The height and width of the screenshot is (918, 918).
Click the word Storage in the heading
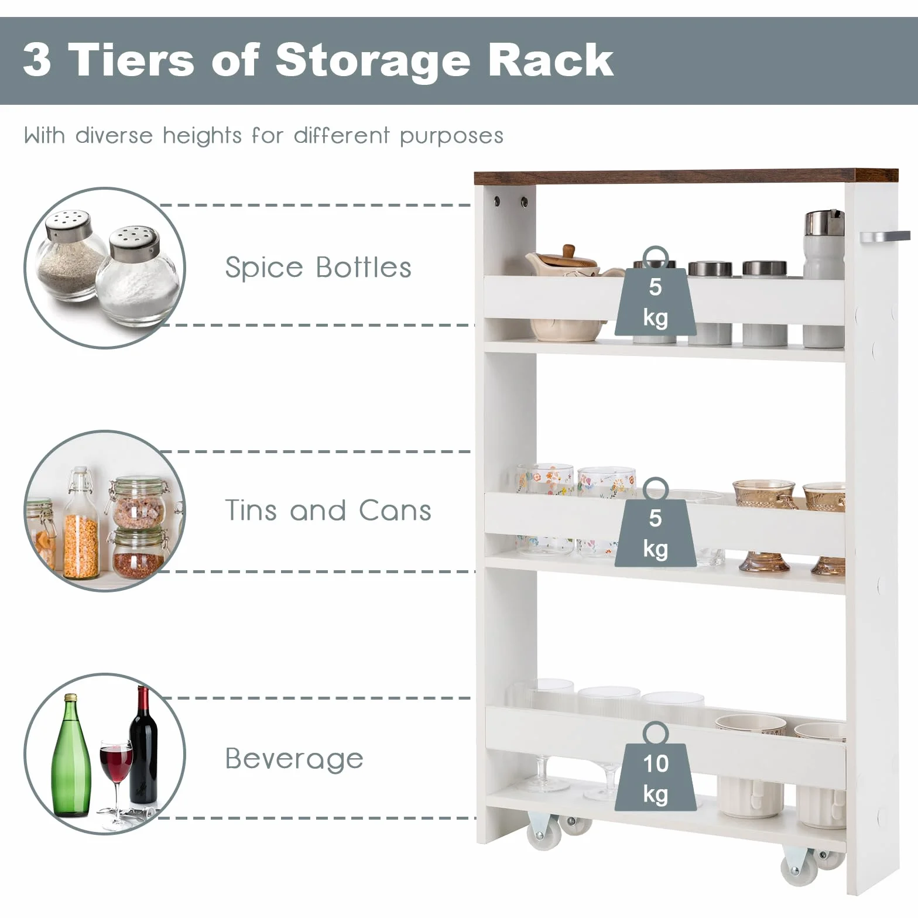click(373, 60)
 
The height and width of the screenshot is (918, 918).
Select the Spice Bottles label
click(318, 268)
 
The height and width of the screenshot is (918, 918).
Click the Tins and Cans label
click(328, 510)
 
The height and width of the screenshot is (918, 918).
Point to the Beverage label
click(294, 759)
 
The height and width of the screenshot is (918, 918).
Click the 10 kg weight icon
click(656, 767)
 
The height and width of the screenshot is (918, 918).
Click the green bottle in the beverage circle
click(72, 756)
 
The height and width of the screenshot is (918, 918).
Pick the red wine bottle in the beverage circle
click(143, 745)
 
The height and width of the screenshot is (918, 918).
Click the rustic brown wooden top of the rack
click(686, 176)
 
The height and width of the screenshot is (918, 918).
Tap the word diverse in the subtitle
click(114, 135)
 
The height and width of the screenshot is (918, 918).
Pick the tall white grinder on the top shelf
click(824, 278)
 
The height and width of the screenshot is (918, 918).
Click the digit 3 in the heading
click(37, 60)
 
